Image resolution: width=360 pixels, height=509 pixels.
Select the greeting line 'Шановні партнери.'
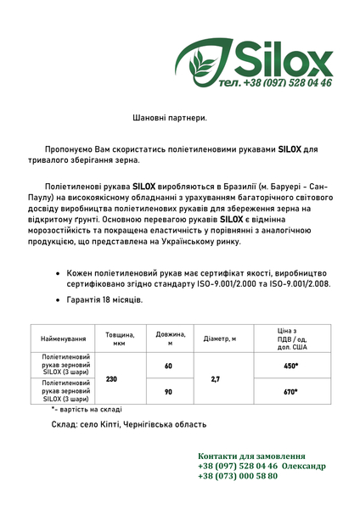pyautogui.click(x=170, y=118)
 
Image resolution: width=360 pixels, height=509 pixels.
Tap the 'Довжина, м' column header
pyautogui.click(x=170, y=338)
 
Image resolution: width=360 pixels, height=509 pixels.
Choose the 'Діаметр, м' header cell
pyautogui.click(x=220, y=338)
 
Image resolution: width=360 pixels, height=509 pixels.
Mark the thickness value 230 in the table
pyautogui.click(x=111, y=378)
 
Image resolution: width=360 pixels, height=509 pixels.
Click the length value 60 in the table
pyautogui.click(x=168, y=366)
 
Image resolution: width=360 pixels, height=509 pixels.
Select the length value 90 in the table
pyautogui.click(x=168, y=391)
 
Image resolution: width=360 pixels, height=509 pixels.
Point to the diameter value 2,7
pyautogui.click(x=216, y=378)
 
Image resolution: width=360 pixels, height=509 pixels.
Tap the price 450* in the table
pyautogui.click(x=291, y=366)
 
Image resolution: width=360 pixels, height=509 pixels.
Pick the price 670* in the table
pyautogui.click(x=291, y=391)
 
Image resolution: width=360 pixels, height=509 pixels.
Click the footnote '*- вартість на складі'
pyautogui.click(x=87, y=409)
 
